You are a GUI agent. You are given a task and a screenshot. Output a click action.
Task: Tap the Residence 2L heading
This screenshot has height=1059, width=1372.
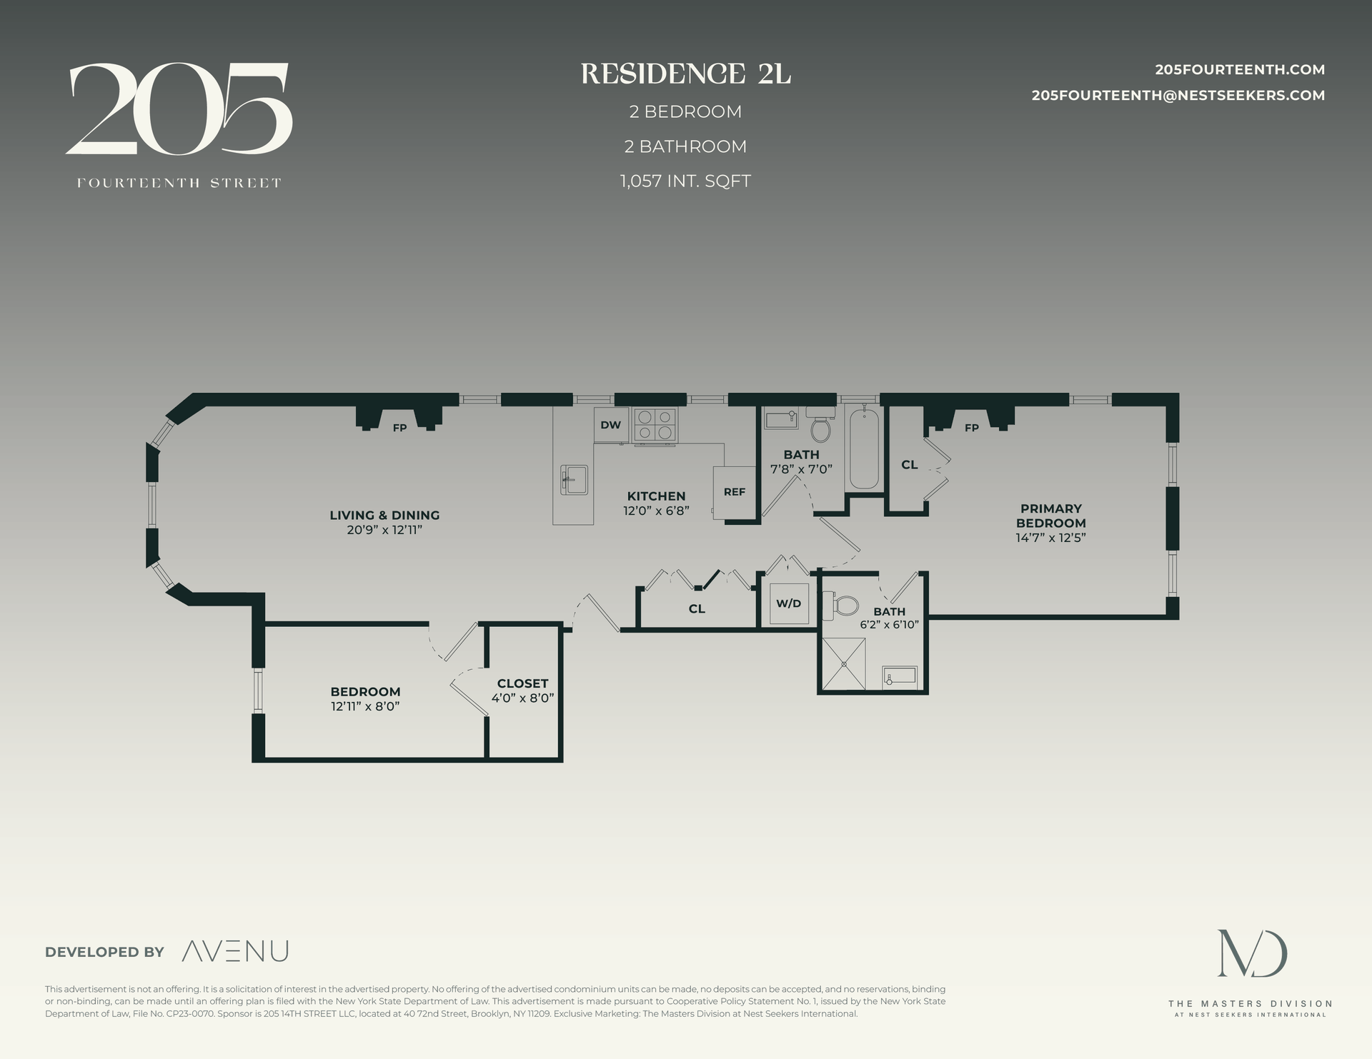(685, 74)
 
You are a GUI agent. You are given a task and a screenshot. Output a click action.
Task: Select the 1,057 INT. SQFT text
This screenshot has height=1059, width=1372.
(685, 181)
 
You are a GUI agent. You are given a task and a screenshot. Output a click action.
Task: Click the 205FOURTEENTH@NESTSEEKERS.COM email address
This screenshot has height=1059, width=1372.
(1178, 96)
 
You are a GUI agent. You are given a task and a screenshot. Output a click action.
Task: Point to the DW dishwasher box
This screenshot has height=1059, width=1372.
(610, 425)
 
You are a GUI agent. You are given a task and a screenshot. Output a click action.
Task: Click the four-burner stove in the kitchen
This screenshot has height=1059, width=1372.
(655, 425)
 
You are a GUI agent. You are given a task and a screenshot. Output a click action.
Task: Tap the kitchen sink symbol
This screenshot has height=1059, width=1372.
(574, 479)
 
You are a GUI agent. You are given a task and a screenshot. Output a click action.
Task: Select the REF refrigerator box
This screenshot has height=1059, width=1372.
(734, 492)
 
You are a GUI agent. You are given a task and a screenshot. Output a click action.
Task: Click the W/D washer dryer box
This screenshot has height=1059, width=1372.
(788, 603)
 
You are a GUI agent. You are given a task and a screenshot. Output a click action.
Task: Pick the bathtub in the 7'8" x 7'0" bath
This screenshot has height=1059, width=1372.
(864, 448)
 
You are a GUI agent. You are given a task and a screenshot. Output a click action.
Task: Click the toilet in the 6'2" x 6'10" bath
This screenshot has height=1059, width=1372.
(845, 606)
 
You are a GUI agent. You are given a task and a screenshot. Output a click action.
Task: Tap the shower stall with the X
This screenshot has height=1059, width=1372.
(843, 664)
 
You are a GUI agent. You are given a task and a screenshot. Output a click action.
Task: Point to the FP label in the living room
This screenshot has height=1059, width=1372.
(399, 428)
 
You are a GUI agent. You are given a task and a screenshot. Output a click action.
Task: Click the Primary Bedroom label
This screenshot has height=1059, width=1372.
(1050, 516)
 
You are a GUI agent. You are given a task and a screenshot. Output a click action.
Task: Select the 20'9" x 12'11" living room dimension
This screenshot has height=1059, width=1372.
(384, 530)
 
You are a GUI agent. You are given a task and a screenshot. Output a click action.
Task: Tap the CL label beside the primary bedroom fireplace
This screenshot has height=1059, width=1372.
(909, 465)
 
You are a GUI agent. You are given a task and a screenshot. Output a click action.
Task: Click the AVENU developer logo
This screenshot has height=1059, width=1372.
(235, 951)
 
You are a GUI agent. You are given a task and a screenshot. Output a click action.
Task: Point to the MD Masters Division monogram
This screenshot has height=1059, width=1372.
(1252, 954)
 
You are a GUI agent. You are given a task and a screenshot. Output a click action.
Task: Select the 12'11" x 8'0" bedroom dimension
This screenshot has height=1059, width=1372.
(364, 706)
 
